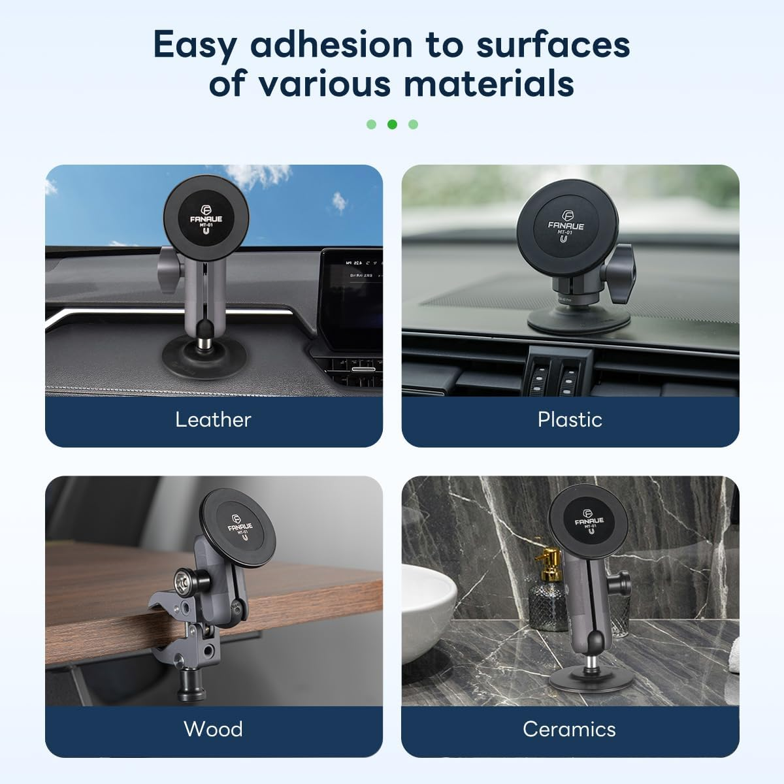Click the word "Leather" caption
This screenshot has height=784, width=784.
(213, 419)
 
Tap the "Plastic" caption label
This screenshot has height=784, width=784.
(570, 419)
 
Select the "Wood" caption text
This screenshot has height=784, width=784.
(213, 728)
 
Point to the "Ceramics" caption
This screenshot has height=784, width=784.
(569, 728)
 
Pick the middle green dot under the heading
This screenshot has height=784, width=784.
(392, 124)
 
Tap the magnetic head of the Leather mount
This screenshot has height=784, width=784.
(205, 215)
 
